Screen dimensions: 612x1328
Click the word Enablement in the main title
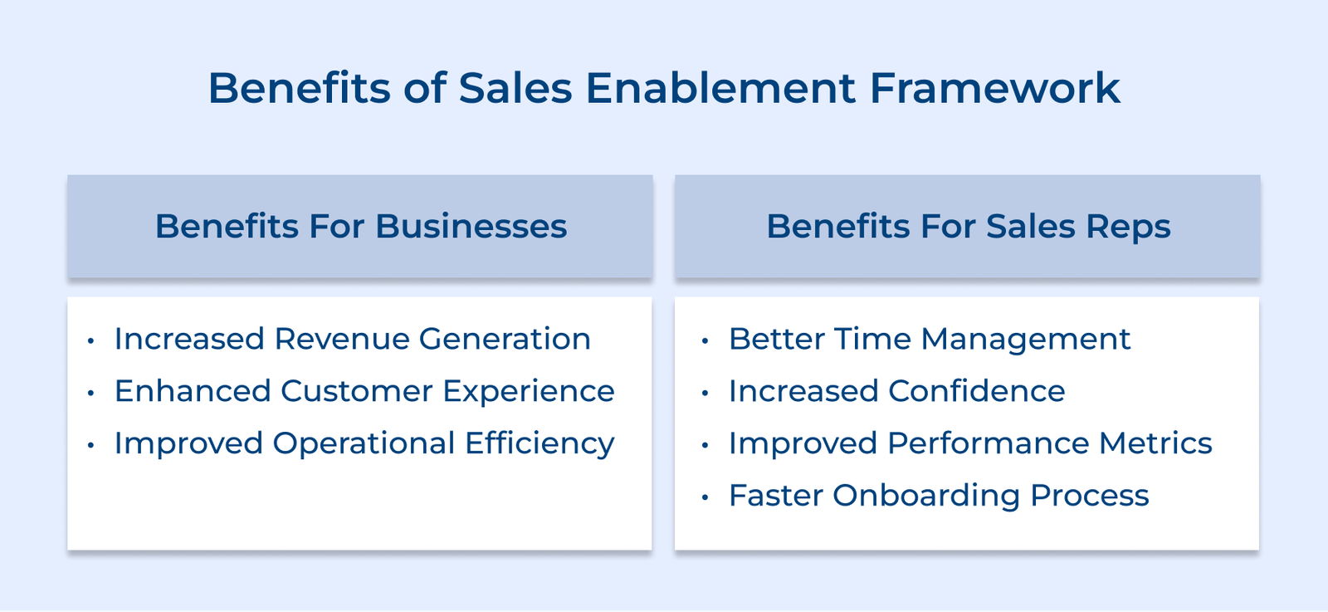click(x=720, y=88)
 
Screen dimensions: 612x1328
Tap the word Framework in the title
click(x=994, y=88)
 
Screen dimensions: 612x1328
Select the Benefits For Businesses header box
click(x=359, y=226)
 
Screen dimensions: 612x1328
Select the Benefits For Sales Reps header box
click(x=967, y=226)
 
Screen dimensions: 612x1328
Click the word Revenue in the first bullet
click(x=341, y=339)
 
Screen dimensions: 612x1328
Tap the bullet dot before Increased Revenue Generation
click(x=90, y=340)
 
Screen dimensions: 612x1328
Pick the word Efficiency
click(x=539, y=443)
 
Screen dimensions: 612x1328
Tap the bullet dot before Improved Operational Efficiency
click(x=90, y=445)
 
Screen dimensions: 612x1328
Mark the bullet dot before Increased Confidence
click(x=705, y=393)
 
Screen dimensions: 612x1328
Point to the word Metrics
click(x=1155, y=443)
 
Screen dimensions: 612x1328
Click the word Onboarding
click(x=925, y=496)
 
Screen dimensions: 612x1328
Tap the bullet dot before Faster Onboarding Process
click(x=705, y=497)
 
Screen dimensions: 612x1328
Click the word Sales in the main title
click(x=515, y=88)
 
